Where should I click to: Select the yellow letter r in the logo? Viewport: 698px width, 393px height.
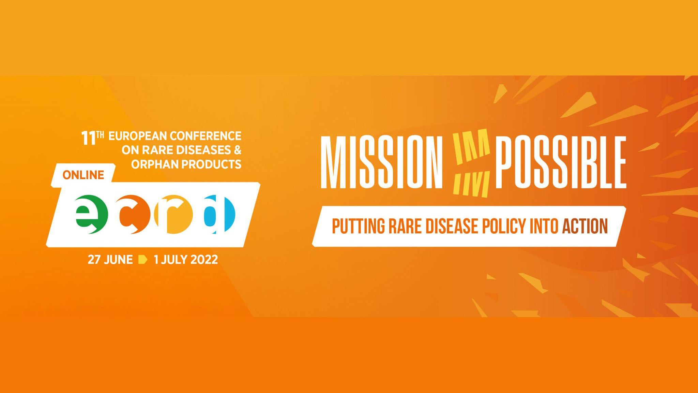(x=173, y=214)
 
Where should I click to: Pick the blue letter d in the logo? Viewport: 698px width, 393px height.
(x=219, y=214)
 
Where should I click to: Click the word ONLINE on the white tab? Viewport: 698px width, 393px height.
(x=83, y=175)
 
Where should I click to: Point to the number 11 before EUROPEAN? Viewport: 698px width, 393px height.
(x=88, y=138)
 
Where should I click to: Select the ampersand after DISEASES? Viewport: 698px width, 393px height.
(x=238, y=150)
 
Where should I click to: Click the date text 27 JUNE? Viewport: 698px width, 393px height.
(x=110, y=260)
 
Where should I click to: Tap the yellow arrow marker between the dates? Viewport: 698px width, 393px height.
(x=143, y=260)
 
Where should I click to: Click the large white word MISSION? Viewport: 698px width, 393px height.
(x=382, y=162)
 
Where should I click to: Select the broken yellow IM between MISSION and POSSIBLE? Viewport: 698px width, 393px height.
(x=471, y=163)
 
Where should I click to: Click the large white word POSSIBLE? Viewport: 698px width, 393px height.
(x=561, y=162)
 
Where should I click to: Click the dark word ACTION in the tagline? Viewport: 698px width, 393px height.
(x=585, y=226)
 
